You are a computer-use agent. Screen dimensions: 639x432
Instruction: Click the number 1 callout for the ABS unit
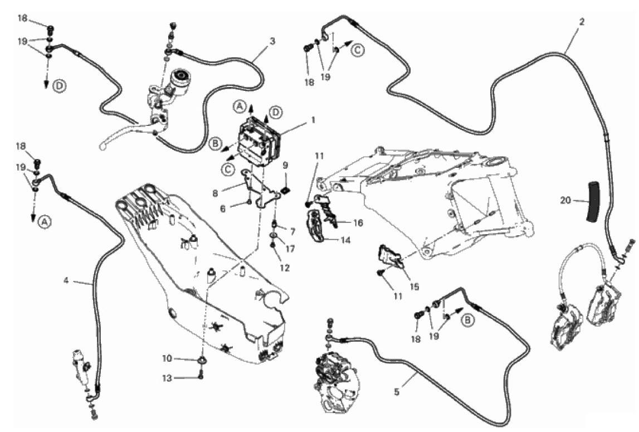pyautogui.click(x=313, y=121)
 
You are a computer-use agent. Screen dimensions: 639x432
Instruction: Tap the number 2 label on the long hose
pyautogui.click(x=582, y=22)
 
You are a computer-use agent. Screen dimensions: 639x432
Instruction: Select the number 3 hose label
pyautogui.click(x=272, y=41)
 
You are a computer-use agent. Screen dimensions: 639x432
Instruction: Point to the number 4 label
pyautogui.click(x=66, y=280)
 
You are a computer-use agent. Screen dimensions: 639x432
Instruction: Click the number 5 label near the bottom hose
pyautogui.click(x=397, y=392)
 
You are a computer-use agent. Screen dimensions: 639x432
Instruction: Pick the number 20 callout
pyautogui.click(x=565, y=200)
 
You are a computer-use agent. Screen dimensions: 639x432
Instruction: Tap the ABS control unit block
pyautogui.click(x=258, y=141)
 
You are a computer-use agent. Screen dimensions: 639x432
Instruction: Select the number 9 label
pyautogui.click(x=285, y=165)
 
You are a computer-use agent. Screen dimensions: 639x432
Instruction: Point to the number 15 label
pyautogui.click(x=414, y=287)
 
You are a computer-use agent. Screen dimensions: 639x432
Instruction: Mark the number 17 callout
pyautogui.click(x=290, y=249)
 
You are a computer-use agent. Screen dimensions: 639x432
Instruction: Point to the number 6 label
pyautogui.click(x=222, y=208)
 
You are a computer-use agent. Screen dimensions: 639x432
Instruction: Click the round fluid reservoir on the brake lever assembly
pyautogui.click(x=180, y=78)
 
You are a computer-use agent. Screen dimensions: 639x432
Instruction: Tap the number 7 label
pyautogui.click(x=292, y=232)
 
